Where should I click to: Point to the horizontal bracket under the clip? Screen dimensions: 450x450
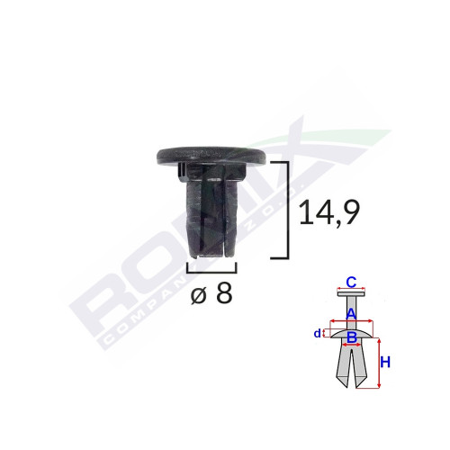(x=211, y=267)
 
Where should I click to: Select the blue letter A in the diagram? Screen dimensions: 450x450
(x=353, y=312)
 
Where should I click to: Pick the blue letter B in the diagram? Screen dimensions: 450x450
(x=353, y=337)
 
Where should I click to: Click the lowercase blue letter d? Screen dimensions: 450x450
(x=318, y=334)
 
